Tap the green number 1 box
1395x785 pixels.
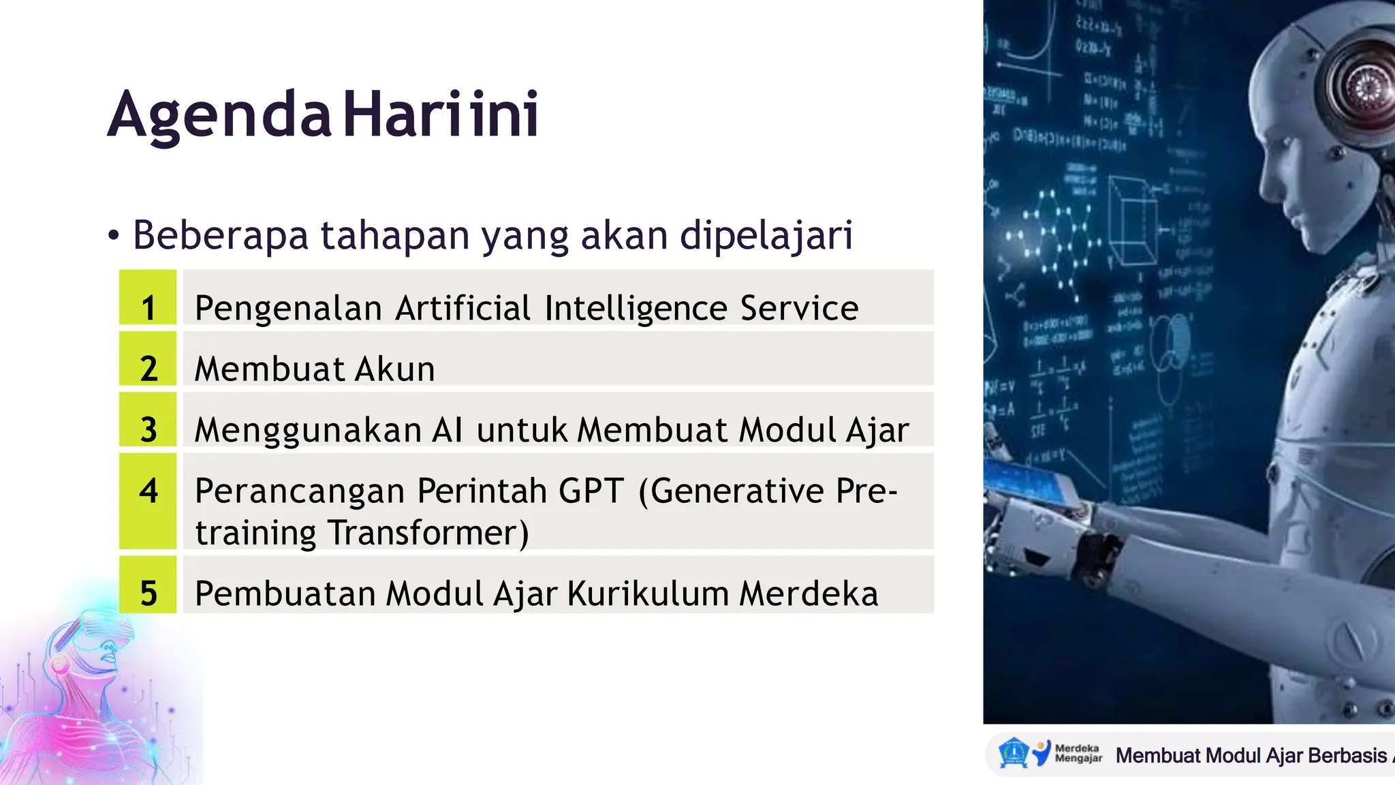(x=148, y=298)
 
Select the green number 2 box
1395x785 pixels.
(x=148, y=359)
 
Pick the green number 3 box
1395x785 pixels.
(x=148, y=420)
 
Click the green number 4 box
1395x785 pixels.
(x=148, y=501)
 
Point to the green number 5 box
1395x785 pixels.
(x=148, y=585)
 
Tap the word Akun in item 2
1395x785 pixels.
(x=394, y=369)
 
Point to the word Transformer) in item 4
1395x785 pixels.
(x=428, y=533)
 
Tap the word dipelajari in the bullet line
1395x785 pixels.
(x=766, y=236)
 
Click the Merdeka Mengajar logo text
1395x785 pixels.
(x=1078, y=753)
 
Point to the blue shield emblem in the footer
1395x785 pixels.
(x=1013, y=754)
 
